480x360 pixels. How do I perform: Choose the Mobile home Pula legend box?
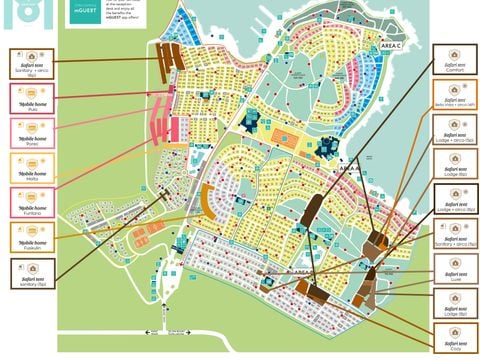coord(32,97)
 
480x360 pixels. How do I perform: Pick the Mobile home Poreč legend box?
coord(32,132)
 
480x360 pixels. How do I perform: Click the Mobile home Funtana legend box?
coord(32,202)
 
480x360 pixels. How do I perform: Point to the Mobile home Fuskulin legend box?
coord(32,237)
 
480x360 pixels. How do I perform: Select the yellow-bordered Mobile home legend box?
coord(32,167)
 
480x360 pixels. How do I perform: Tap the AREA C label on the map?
coord(391,46)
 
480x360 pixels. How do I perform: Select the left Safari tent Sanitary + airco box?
coord(32,62)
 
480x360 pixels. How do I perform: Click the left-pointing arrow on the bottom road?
coord(150,334)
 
